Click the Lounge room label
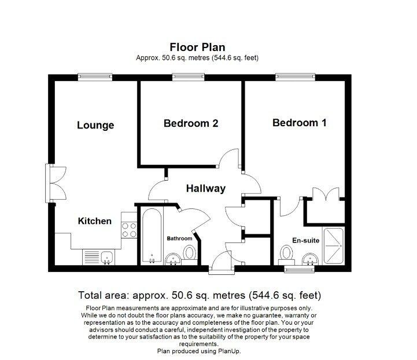(x=95, y=126)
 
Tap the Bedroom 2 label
(x=190, y=123)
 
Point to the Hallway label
(x=205, y=189)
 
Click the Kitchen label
(x=95, y=221)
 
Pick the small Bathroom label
(x=179, y=238)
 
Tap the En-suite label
(x=305, y=240)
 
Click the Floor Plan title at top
(x=197, y=47)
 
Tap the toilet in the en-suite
(x=286, y=254)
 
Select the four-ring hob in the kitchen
(x=128, y=229)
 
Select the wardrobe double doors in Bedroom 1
(x=326, y=195)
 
